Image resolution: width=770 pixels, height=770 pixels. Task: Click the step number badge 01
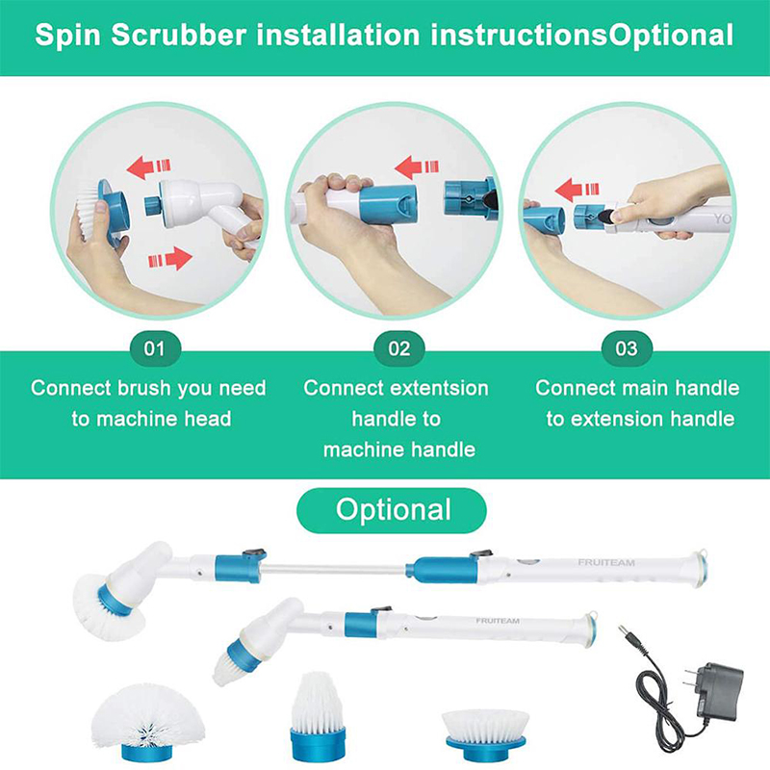[x=155, y=348]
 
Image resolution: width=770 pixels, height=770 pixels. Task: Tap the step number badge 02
[x=398, y=348]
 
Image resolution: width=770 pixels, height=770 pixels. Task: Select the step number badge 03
[x=627, y=348]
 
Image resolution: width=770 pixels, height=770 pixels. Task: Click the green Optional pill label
[x=392, y=510]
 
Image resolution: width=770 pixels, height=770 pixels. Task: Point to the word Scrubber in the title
[x=179, y=36]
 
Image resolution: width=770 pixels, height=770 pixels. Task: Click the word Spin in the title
[x=67, y=36]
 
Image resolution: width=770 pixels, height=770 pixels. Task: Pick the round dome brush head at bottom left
[x=148, y=721]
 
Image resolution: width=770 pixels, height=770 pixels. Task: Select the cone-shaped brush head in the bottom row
[x=318, y=716]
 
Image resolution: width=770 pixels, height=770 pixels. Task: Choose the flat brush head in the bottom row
[x=486, y=733]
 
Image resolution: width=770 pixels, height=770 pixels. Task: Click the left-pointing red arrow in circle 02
[x=416, y=167]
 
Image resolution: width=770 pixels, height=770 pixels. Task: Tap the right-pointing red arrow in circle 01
[x=170, y=259]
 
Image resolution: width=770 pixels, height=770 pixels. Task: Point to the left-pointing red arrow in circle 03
[x=577, y=190]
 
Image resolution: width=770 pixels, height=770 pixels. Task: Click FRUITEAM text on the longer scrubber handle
[x=606, y=562]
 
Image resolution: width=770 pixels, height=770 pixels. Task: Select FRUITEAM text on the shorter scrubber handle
[x=498, y=621]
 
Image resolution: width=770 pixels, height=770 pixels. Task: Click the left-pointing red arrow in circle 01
[x=148, y=167]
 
